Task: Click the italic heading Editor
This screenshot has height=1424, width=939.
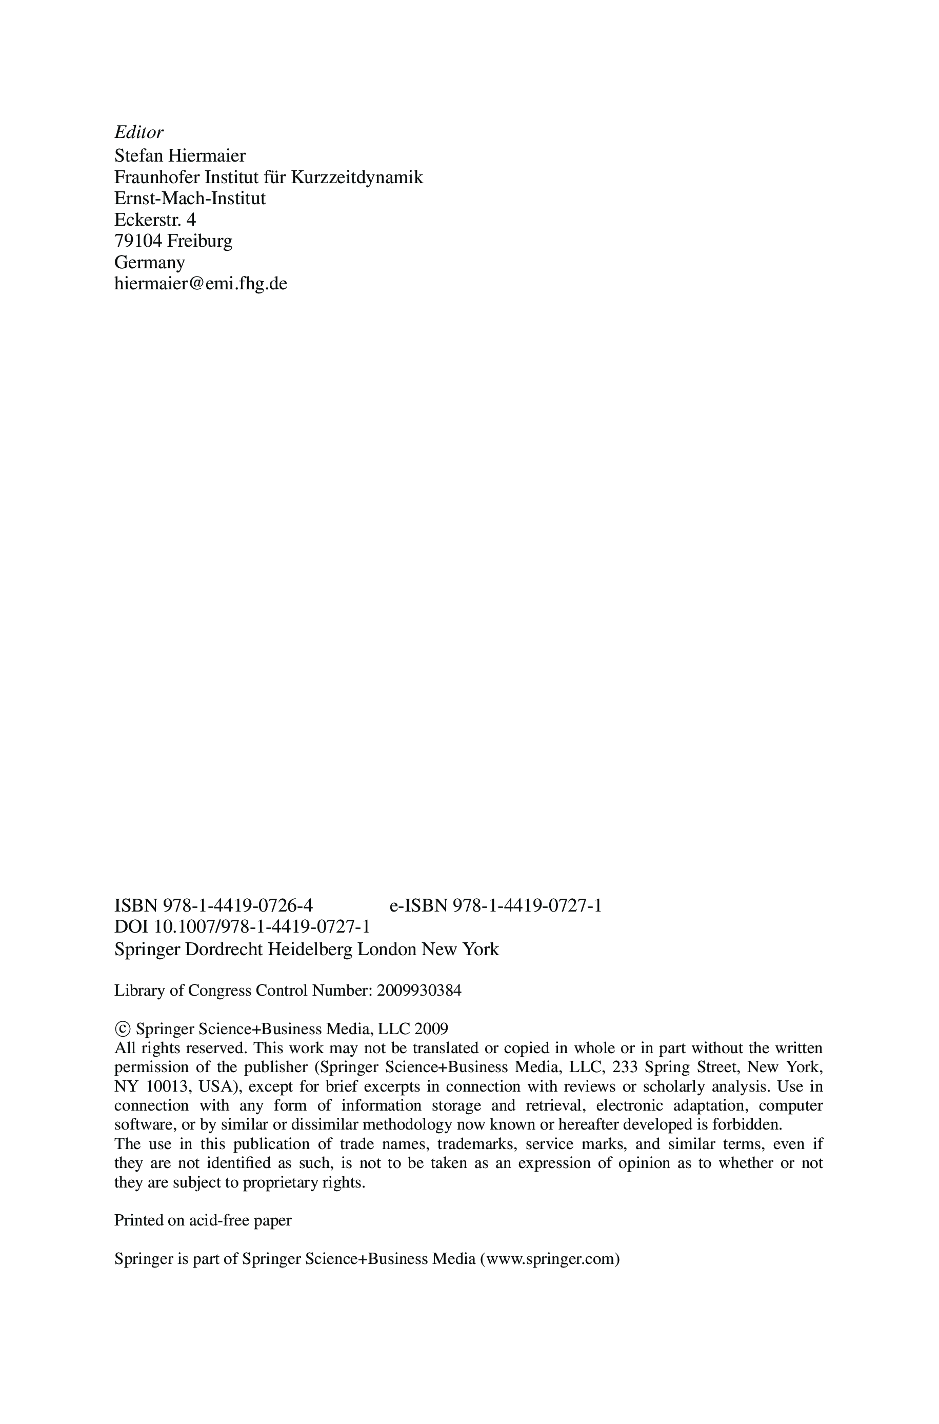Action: tap(138, 132)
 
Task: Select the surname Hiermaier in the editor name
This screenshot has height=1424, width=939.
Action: tap(207, 156)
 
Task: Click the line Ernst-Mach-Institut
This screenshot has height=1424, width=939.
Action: tap(190, 198)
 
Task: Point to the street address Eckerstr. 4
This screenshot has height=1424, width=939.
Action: tap(155, 220)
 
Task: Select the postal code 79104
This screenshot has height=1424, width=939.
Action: tap(138, 241)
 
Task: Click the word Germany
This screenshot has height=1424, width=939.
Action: tap(150, 262)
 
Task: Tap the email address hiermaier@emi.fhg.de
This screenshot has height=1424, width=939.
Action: tap(201, 283)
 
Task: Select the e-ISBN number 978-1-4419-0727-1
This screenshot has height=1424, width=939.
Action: tap(527, 905)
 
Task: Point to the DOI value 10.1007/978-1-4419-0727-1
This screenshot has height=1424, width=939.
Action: tap(262, 927)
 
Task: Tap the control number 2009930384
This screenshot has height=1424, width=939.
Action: tap(419, 991)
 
